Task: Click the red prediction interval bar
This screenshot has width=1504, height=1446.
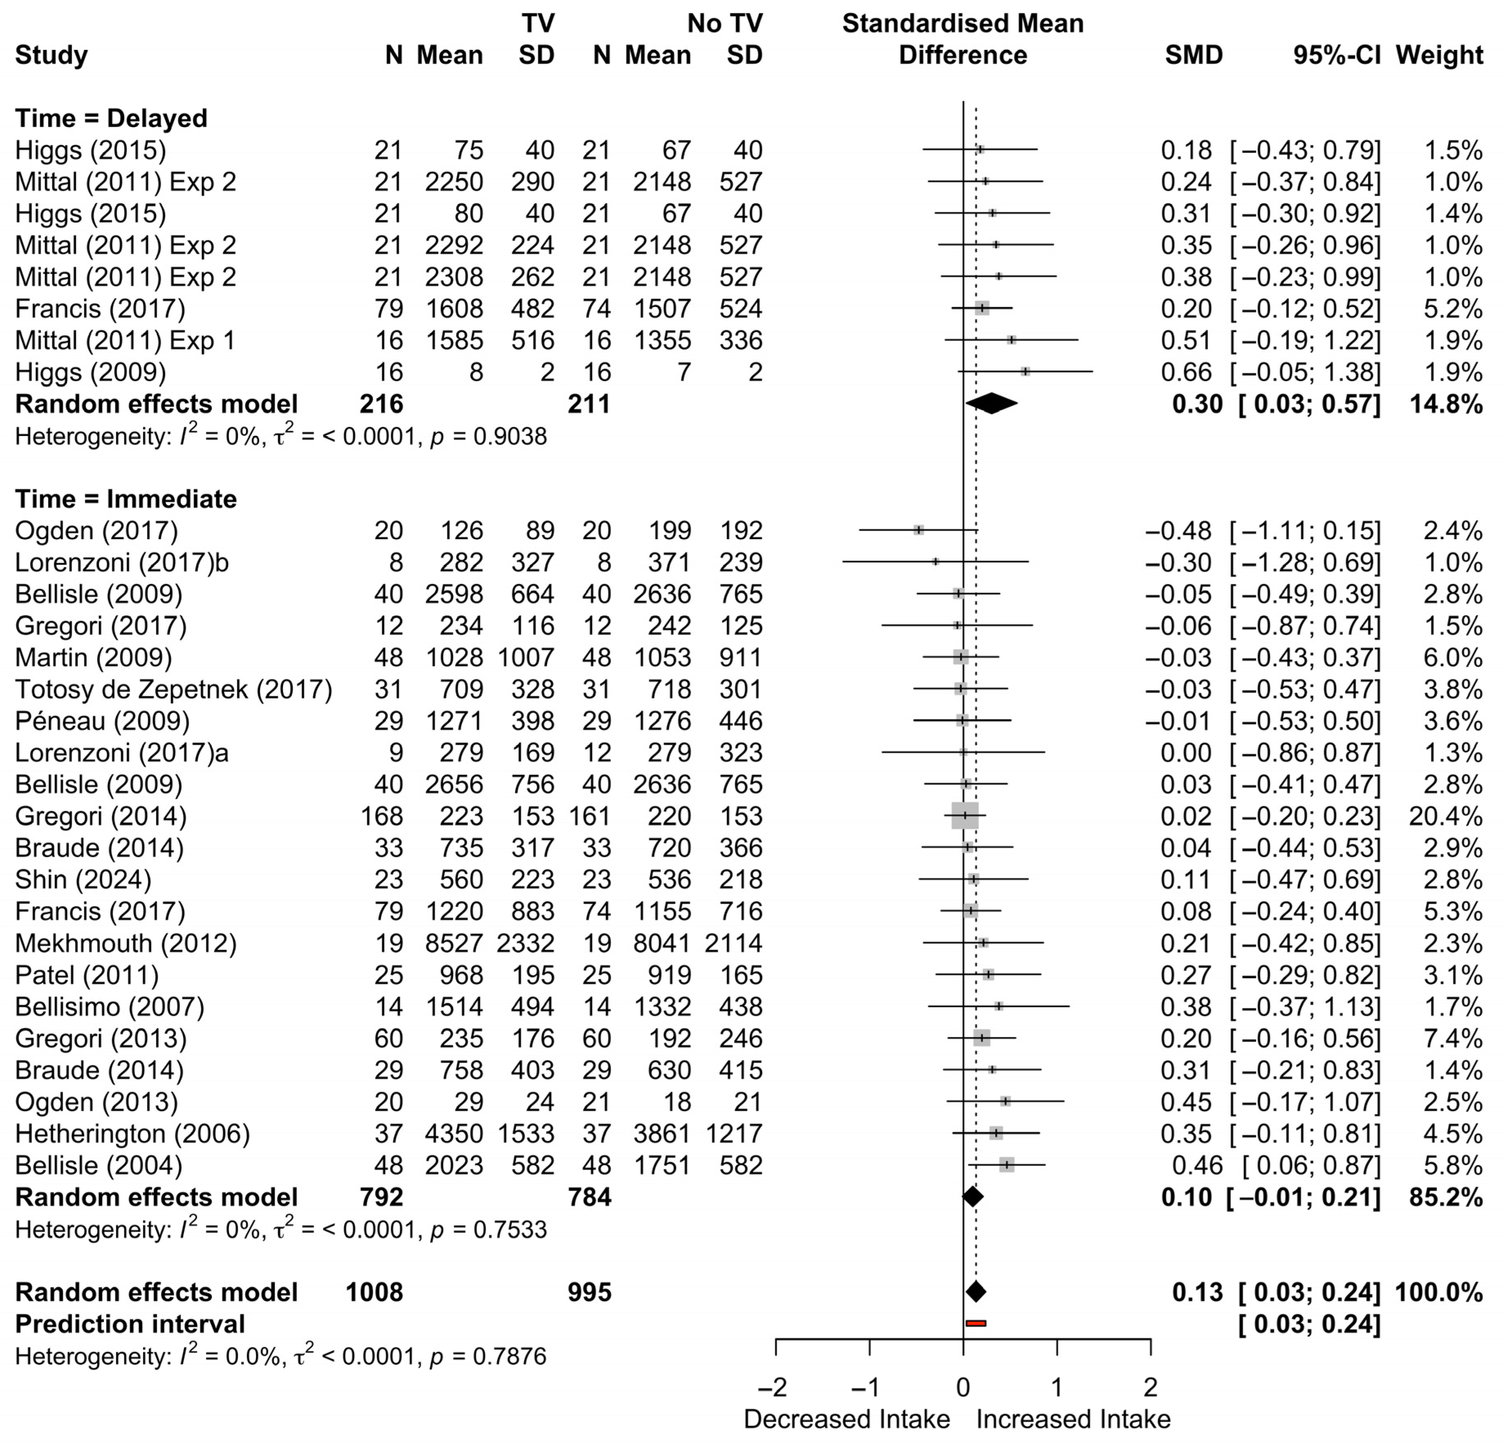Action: [x=975, y=1323]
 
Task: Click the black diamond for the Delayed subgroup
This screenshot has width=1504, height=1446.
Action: [x=991, y=404]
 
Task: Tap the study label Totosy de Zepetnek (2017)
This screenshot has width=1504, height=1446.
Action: [x=173, y=689]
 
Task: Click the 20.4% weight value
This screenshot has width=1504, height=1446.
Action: [x=1445, y=816]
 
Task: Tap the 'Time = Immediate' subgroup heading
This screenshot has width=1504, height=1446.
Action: [x=126, y=499]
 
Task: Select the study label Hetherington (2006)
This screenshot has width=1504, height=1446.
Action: [x=132, y=1134]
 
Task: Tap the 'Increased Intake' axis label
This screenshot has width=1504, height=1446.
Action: [x=1073, y=1419]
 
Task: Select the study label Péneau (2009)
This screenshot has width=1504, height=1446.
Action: [x=102, y=721]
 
